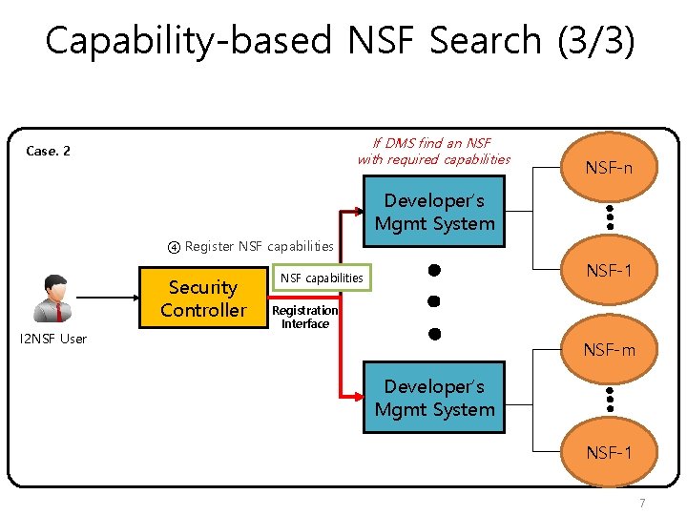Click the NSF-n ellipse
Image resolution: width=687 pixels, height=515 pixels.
(609, 168)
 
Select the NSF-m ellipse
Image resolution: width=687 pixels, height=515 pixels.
(609, 351)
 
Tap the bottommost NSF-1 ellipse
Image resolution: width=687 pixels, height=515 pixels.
(609, 452)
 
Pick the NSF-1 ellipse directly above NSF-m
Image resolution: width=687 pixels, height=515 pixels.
(609, 271)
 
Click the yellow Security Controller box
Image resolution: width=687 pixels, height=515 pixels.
(203, 299)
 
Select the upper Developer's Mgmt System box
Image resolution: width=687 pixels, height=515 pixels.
(434, 213)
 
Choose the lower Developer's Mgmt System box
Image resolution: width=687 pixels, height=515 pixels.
(434, 399)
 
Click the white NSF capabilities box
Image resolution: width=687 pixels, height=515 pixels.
(321, 278)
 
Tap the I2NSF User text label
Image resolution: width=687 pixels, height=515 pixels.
(53, 339)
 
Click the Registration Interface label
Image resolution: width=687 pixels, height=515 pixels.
(304, 317)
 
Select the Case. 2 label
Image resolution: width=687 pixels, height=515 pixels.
(48, 151)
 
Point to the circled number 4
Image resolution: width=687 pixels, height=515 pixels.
(174, 247)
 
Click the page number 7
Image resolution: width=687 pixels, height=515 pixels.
(642, 503)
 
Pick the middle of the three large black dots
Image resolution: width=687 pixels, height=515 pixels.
(433, 301)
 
